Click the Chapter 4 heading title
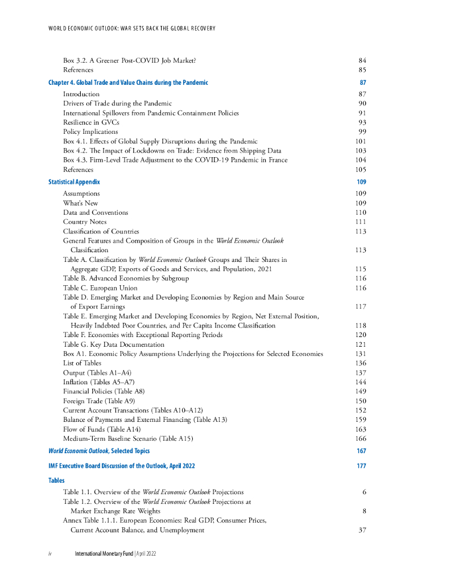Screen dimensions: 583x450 [x=128, y=83]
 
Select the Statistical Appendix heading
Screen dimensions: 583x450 [x=74, y=182]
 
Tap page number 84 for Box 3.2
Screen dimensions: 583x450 [x=362, y=60]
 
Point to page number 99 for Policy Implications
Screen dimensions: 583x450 [x=362, y=132]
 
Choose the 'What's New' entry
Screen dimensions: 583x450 [x=80, y=203]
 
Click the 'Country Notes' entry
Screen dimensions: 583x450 [x=85, y=222]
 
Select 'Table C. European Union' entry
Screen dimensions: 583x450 [x=100, y=288]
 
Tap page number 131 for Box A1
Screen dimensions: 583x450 [x=360, y=354]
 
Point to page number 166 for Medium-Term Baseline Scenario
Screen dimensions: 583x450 [x=360, y=438]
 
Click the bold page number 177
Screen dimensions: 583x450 [x=361, y=466]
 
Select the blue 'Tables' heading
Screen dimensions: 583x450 [x=56, y=481]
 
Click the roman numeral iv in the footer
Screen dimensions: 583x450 [x=51, y=554]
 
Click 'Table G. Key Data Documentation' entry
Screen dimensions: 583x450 [x=114, y=344]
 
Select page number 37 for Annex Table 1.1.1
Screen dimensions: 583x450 [x=362, y=530]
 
